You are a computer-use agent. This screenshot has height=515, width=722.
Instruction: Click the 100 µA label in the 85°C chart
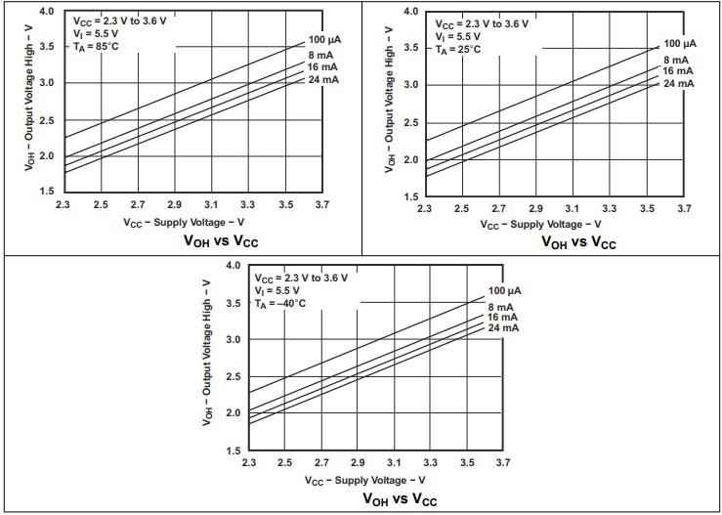[324, 38]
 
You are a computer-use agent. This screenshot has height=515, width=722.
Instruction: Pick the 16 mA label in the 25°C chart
[679, 71]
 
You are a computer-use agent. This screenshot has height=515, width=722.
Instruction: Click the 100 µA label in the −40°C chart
[504, 291]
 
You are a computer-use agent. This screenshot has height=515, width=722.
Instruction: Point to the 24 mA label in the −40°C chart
[503, 327]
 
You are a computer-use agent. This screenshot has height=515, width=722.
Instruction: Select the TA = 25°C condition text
[458, 49]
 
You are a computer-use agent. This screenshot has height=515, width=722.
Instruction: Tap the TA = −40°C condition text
[281, 304]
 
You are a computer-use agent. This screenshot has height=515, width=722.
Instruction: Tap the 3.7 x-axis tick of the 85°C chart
[322, 205]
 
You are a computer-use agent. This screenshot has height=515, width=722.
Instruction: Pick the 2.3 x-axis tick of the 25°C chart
[425, 209]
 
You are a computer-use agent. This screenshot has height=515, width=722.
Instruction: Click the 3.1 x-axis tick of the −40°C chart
[394, 461]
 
